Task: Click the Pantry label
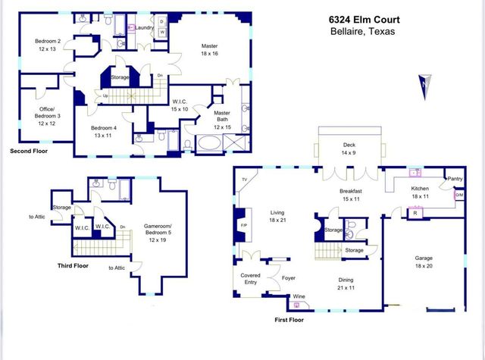(455, 179)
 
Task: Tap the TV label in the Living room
(244, 180)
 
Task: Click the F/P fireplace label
(243, 227)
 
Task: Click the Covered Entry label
(250, 278)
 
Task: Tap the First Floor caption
(293, 321)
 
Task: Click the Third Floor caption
(74, 266)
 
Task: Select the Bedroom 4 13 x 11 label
(98, 132)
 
